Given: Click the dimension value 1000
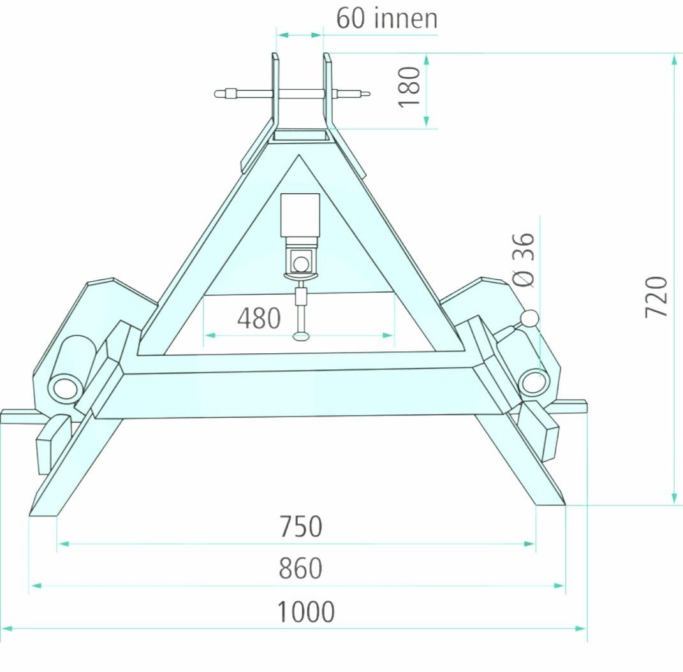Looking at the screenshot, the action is click(x=305, y=611).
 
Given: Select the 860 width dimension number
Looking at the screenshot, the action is click(x=300, y=568).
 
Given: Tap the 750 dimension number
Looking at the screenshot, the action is click(x=300, y=526).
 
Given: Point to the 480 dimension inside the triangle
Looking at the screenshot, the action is click(x=259, y=318).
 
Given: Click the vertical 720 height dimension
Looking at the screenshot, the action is click(x=656, y=296).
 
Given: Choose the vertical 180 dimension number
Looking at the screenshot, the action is click(x=409, y=87).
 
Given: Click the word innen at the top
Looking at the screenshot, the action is click(x=406, y=19).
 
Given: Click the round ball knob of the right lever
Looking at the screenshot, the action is click(x=531, y=318).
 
